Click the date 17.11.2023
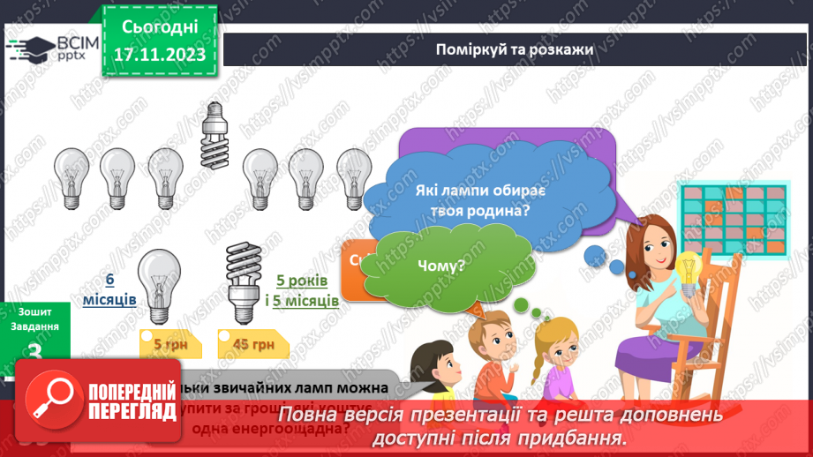coord(159,55)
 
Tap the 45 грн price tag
coord(251,344)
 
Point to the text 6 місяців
coord(110,289)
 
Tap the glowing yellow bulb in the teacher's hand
coord(687,266)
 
